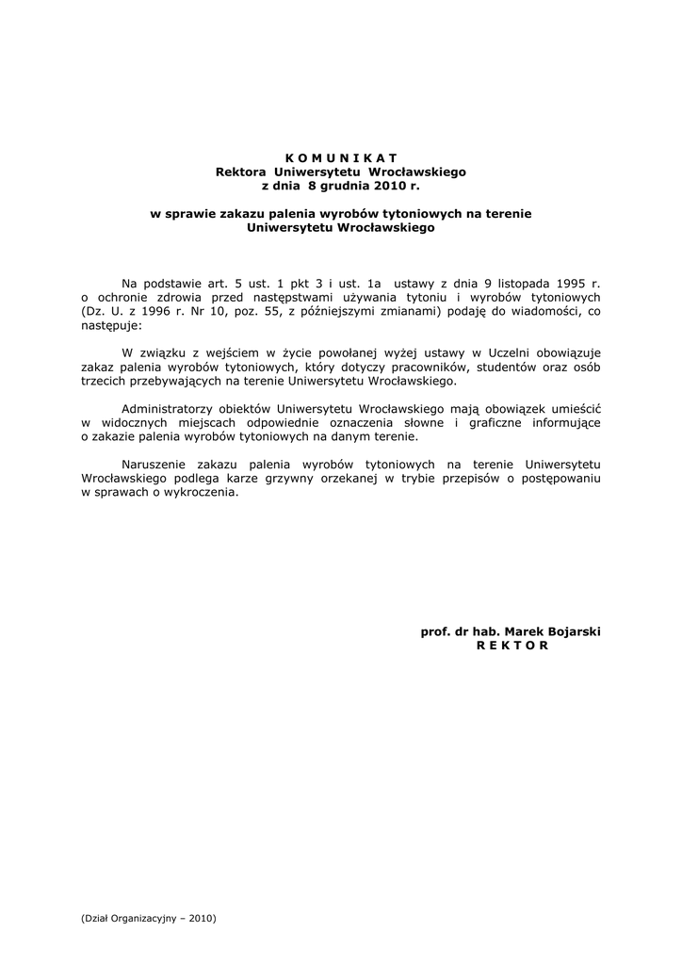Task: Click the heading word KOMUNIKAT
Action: pos(341,157)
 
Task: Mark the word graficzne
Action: pos(502,424)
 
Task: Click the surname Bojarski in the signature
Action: pos(571,631)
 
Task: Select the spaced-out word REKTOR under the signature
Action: pos(512,646)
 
